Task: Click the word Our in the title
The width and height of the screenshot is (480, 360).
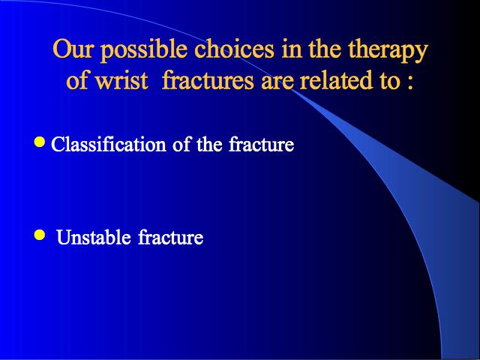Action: tap(72, 48)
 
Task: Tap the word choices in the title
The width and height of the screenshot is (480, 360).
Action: tap(235, 48)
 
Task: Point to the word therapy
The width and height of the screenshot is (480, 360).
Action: tap(388, 50)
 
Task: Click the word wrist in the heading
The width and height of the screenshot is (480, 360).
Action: tap(121, 80)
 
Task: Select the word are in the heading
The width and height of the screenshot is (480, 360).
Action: tap(277, 82)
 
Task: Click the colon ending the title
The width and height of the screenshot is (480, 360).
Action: tap(410, 83)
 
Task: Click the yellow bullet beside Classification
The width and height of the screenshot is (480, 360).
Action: tap(40, 142)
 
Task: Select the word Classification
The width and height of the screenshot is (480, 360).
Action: tap(108, 143)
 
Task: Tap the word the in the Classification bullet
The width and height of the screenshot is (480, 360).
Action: tap(210, 143)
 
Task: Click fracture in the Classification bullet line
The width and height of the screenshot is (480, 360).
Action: tap(262, 143)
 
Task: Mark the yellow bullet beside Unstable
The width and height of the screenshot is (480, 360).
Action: tap(40, 235)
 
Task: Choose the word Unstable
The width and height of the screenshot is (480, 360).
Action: tap(93, 237)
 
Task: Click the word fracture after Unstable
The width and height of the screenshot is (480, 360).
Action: tap(170, 237)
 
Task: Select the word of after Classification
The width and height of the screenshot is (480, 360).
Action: tap(181, 143)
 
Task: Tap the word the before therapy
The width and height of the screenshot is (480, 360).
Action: tap(324, 48)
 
